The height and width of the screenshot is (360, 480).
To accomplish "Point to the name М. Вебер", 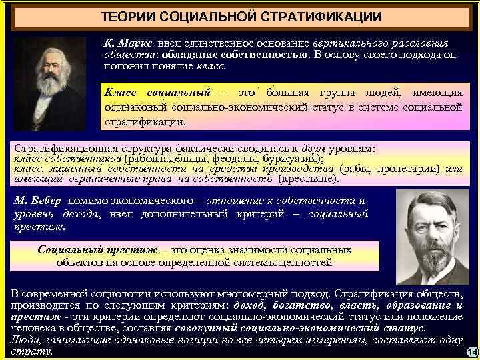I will pos(38,200).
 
